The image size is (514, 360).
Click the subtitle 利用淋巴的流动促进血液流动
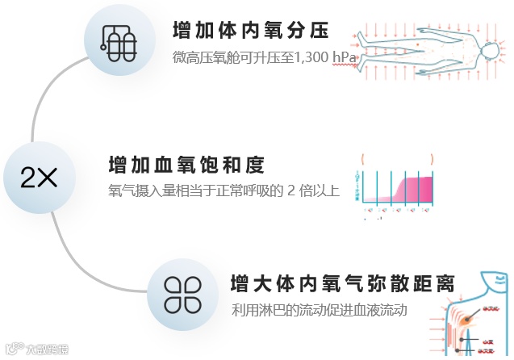pos(318,311)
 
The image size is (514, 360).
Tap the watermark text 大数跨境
pos(46,350)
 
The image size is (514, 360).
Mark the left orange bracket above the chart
pos(364,158)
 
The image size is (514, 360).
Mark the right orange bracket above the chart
pos(433,158)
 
